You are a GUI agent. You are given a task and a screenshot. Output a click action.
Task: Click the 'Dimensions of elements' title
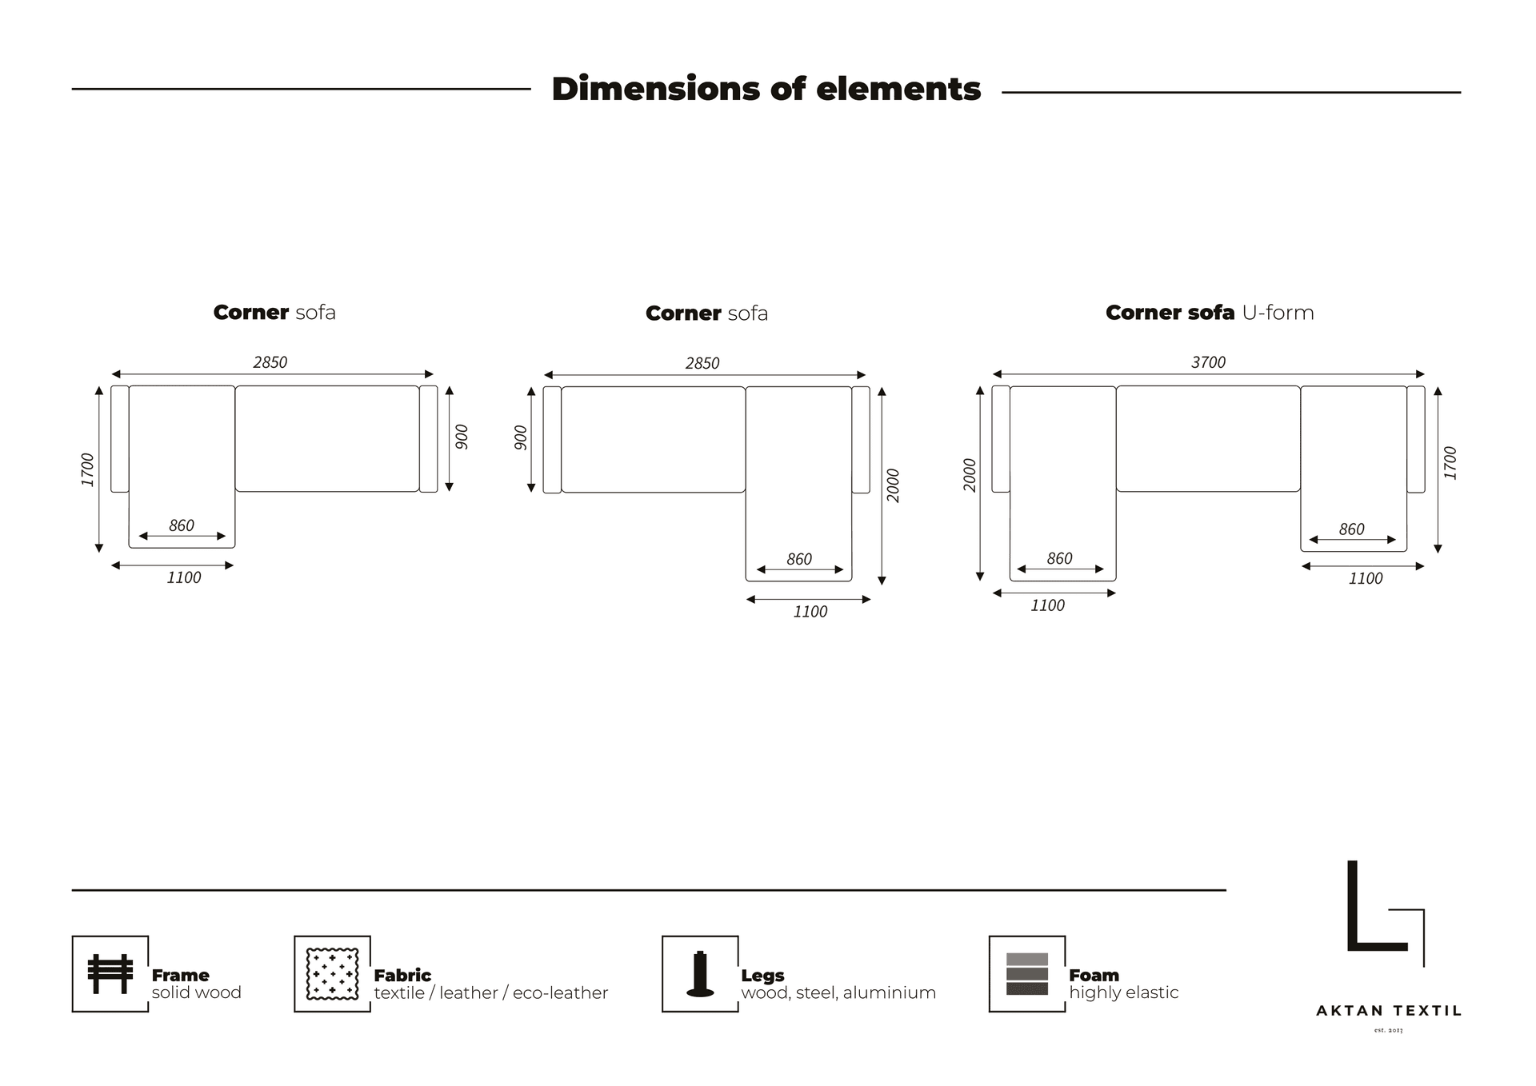(x=766, y=89)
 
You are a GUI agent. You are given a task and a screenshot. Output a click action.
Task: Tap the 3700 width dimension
(x=1208, y=362)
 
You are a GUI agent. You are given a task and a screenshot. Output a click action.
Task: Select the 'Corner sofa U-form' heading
(x=1210, y=313)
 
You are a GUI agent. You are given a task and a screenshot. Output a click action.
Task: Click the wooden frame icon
(x=110, y=973)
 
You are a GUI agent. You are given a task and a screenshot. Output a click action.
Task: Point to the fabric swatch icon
(x=332, y=974)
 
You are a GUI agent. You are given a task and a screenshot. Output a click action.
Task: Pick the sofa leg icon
(x=700, y=974)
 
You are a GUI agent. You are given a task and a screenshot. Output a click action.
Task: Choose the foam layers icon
(x=1027, y=974)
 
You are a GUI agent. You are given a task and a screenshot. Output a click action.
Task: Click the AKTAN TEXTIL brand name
(x=1389, y=1011)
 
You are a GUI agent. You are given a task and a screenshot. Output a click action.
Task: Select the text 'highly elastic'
(x=1124, y=992)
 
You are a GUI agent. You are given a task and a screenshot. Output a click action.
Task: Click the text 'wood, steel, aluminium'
(x=838, y=992)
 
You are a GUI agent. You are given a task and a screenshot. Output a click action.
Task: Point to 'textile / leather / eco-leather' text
(x=491, y=992)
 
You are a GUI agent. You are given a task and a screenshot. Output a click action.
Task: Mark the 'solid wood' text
(x=197, y=992)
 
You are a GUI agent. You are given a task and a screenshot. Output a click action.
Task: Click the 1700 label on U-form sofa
(x=1450, y=463)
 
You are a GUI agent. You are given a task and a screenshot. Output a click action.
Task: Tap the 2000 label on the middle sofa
(x=894, y=485)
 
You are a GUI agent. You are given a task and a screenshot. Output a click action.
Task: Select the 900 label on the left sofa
(x=462, y=437)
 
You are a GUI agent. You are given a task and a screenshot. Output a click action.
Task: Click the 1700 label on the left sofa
(x=87, y=469)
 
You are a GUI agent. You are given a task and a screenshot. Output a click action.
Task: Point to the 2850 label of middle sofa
(x=702, y=363)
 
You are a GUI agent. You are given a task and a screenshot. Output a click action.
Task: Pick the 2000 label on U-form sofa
(x=970, y=475)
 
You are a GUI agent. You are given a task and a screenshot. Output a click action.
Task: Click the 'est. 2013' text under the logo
(x=1388, y=1030)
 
